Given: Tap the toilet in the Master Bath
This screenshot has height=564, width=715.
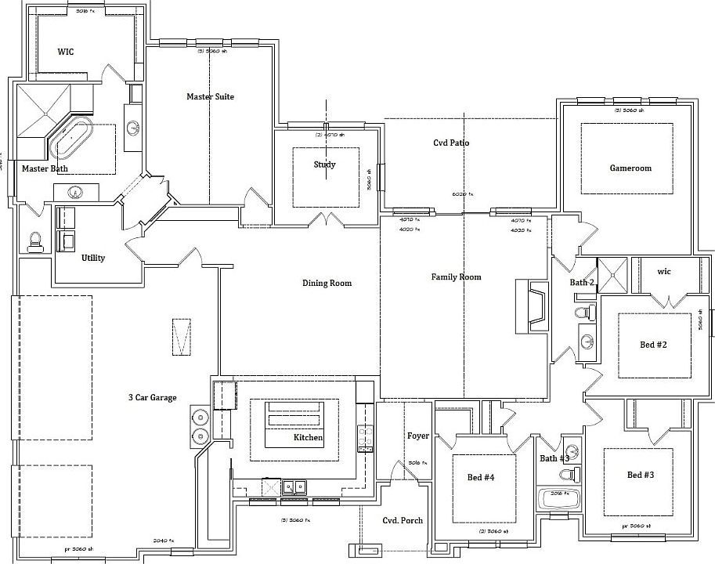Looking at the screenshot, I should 35,241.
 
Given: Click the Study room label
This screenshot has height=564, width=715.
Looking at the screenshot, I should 324,164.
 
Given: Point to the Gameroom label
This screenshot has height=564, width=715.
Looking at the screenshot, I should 630,168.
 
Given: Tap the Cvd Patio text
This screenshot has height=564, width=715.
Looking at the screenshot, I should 451,143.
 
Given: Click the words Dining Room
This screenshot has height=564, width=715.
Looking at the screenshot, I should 327,283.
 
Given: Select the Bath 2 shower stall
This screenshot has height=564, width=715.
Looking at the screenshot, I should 613,273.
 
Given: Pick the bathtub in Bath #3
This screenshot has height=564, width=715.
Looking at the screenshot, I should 558,499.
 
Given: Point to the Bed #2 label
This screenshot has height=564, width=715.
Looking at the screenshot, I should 654,345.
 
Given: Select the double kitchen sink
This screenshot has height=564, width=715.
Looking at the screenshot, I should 294,487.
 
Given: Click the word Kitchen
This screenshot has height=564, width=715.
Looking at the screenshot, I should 308,437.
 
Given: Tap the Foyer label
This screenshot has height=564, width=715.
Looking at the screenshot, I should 417,436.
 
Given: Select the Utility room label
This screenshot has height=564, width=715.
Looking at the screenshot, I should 93,258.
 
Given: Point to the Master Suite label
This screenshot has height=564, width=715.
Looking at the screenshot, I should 210,96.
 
